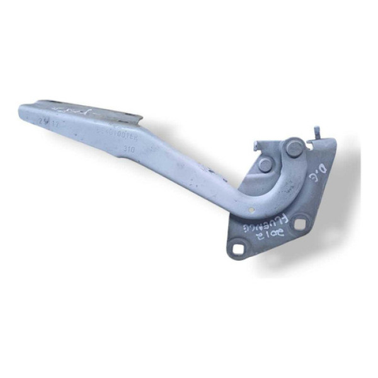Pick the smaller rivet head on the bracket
(265, 164)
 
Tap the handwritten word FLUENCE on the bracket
(260, 225)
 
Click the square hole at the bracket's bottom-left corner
(238, 249)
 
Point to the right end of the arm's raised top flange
(140, 118)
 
